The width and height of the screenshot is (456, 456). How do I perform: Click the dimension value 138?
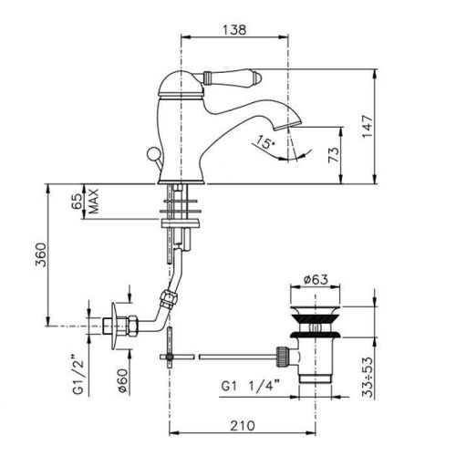pos(235,30)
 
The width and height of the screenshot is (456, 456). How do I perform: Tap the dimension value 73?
pos(334,151)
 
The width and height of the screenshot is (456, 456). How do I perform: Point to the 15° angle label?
pos(264,142)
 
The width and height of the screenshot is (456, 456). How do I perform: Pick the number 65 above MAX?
pos(79,202)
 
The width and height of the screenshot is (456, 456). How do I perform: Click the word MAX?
pos(93,202)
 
